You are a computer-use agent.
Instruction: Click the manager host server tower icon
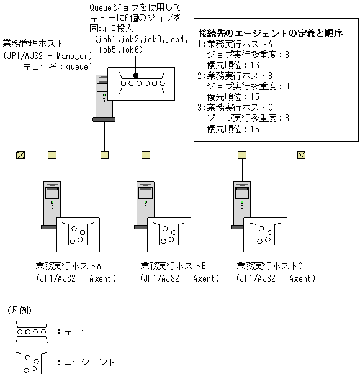(104, 96)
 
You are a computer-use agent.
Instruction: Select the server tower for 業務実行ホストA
(51, 202)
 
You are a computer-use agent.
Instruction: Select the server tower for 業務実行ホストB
(145, 202)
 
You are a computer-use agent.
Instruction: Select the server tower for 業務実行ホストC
(240, 202)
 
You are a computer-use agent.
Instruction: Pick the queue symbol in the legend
(31, 331)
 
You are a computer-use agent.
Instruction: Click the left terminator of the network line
(20, 155)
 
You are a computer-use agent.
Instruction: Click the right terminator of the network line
(301, 155)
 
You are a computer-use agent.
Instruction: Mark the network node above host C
(241, 155)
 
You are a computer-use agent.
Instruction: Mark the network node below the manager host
(104, 155)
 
